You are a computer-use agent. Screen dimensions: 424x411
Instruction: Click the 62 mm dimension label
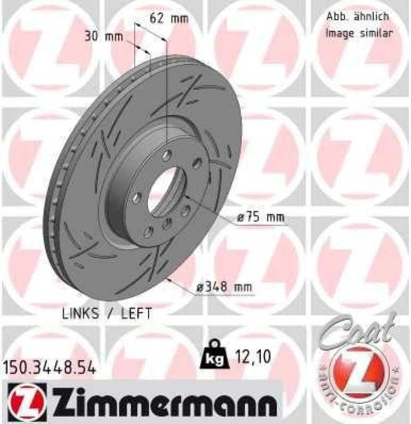pos(169,19)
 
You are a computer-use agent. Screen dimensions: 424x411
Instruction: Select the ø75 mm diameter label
pos(260,217)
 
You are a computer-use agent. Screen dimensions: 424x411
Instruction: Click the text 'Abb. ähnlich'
pos(357,16)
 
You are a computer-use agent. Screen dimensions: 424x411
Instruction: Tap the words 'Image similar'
pos(359,33)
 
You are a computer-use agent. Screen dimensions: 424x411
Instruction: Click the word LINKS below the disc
pos(80,314)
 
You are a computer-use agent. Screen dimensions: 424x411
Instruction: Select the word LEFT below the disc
pos(135,314)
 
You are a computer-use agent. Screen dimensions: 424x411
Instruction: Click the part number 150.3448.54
pos(50,367)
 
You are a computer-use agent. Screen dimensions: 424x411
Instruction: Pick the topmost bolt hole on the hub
pos(168,155)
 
